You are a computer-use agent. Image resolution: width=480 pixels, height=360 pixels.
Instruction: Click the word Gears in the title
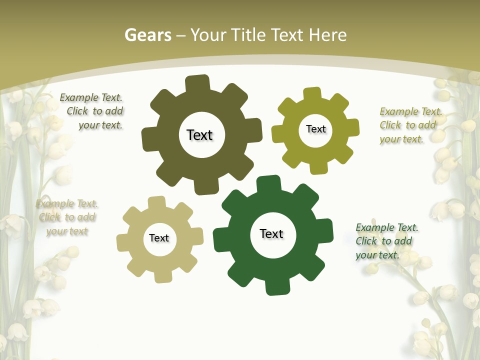[x=147, y=35]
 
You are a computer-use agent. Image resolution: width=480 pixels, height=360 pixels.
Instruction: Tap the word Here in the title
[x=328, y=35]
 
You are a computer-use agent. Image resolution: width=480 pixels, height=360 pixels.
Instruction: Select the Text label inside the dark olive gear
[x=200, y=135]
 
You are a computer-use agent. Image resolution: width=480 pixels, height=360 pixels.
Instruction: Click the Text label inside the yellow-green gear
[x=315, y=129]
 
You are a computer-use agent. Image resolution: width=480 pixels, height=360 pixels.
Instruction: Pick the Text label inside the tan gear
[x=159, y=238]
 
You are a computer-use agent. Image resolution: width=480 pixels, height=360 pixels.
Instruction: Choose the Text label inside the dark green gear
[x=271, y=233]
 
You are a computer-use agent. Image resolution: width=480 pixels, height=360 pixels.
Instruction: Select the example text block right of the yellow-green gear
[x=410, y=125]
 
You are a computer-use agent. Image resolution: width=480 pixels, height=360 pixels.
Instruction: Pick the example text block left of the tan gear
[x=67, y=217]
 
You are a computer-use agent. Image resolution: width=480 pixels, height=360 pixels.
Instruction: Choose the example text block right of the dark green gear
[x=386, y=241]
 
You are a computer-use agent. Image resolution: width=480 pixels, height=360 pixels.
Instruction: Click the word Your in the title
[x=209, y=35]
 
